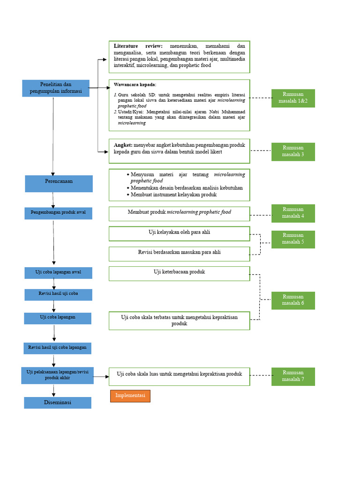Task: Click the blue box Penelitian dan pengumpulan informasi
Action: tap(56, 88)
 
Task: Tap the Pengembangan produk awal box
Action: tap(59, 213)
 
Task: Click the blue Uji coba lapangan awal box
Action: tap(58, 273)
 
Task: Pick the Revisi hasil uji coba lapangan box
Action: tap(57, 348)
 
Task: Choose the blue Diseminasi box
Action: tap(58, 403)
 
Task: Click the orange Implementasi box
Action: tap(130, 396)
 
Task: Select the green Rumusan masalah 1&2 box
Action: tap(293, 98)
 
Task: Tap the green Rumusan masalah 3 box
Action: tap(293, 151)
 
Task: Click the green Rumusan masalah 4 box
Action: tap(293, 213)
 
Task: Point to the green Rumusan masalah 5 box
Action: tap(293, 239)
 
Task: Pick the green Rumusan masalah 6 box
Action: tap(293, 300)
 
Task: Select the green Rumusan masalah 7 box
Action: tap(293, 376)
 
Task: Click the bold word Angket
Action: tap(123, 145)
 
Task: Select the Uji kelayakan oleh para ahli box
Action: tap(179, 233)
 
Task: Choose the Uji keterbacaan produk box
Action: tap(179, 273)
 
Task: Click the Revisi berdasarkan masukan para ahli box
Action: tap(179, 254)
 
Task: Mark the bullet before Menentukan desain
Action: tap(128, 187)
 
